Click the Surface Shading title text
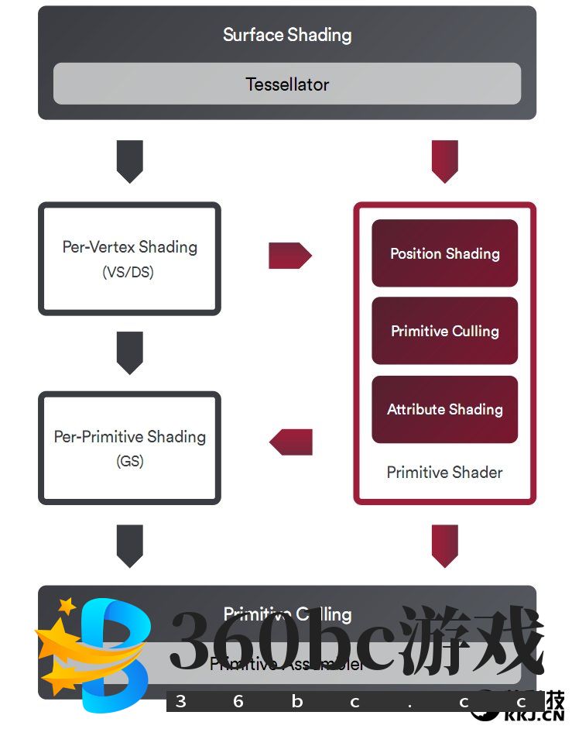(286, 35)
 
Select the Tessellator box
(286, 84)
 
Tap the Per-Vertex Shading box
(129, 259)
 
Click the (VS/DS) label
(128, 273)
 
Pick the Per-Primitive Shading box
(129, 448)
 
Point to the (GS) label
(129, 462)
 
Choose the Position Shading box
(444, 253)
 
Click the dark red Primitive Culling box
(444, 331)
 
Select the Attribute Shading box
(444, 409)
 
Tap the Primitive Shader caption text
(444, 473)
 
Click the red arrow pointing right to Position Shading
(289, 255)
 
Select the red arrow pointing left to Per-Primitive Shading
(291, 442)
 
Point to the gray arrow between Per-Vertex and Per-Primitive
(129, 352)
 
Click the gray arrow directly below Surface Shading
(129, 161)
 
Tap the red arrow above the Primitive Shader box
(444, 161)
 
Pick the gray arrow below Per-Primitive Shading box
(129, 545)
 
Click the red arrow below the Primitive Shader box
(444, 545)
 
